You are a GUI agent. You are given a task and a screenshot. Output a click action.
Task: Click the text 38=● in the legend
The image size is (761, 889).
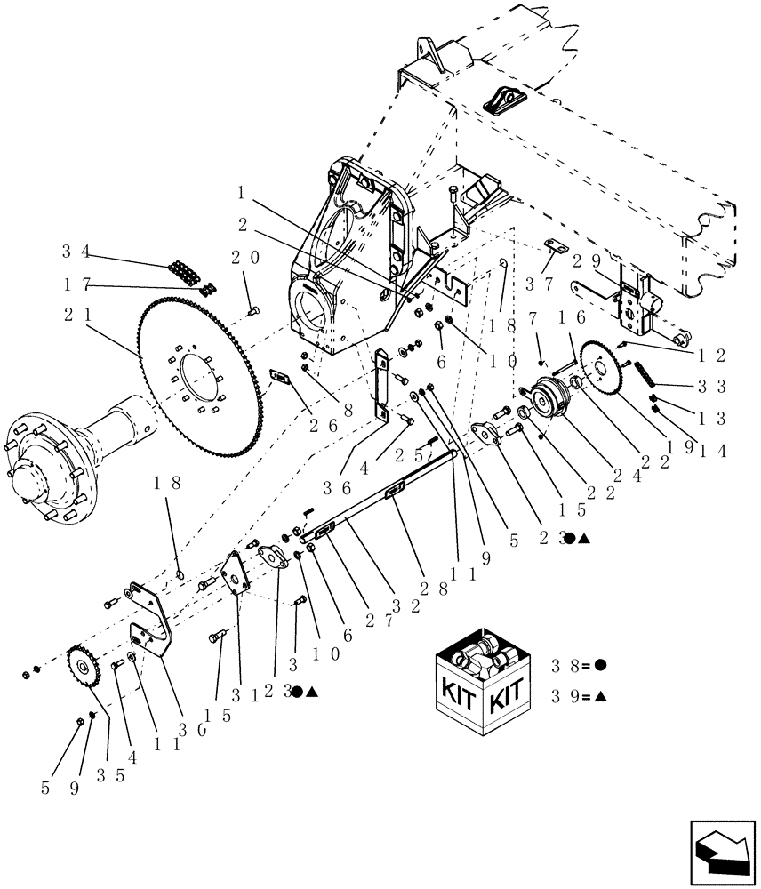[581, 665]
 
